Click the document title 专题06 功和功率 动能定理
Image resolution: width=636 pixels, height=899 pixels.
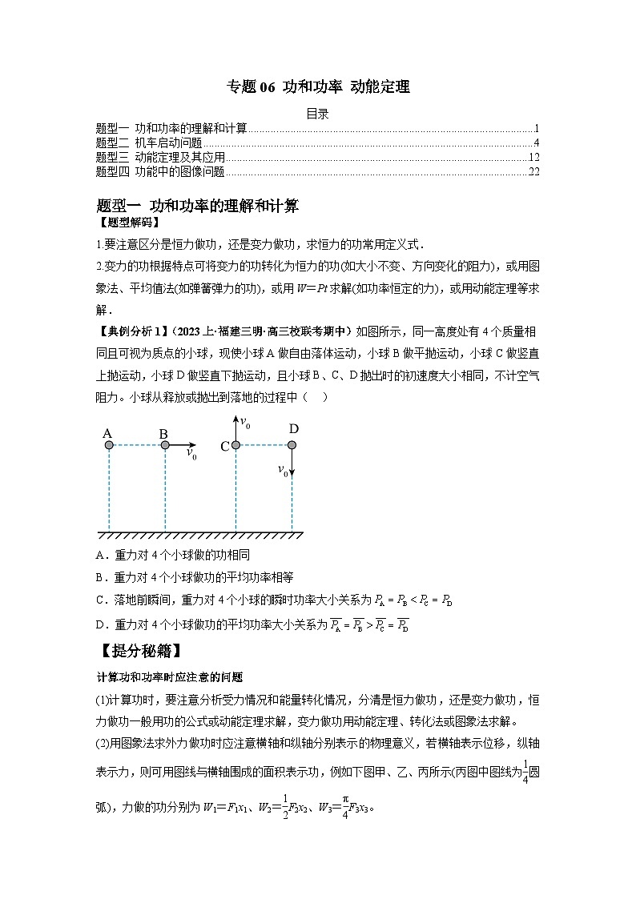pos(318,87)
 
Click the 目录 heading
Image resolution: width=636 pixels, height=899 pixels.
pos(318,114)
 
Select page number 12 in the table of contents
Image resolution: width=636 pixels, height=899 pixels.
pos(534,157)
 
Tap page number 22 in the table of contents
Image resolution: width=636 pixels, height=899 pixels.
pos(534,171)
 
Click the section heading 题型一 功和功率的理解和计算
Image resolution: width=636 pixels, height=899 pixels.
pos(196,207)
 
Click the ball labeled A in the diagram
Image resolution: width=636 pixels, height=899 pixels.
pos(108,445)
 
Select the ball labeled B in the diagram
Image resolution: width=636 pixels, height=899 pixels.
pos(165,445)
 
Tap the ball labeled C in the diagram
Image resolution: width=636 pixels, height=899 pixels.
pos(236,445)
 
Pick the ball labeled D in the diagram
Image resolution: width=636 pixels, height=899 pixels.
pos(292,445)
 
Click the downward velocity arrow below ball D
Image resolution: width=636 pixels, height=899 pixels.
pos(292,463)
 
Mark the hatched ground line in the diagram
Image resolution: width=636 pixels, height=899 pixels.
pos(200,534)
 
